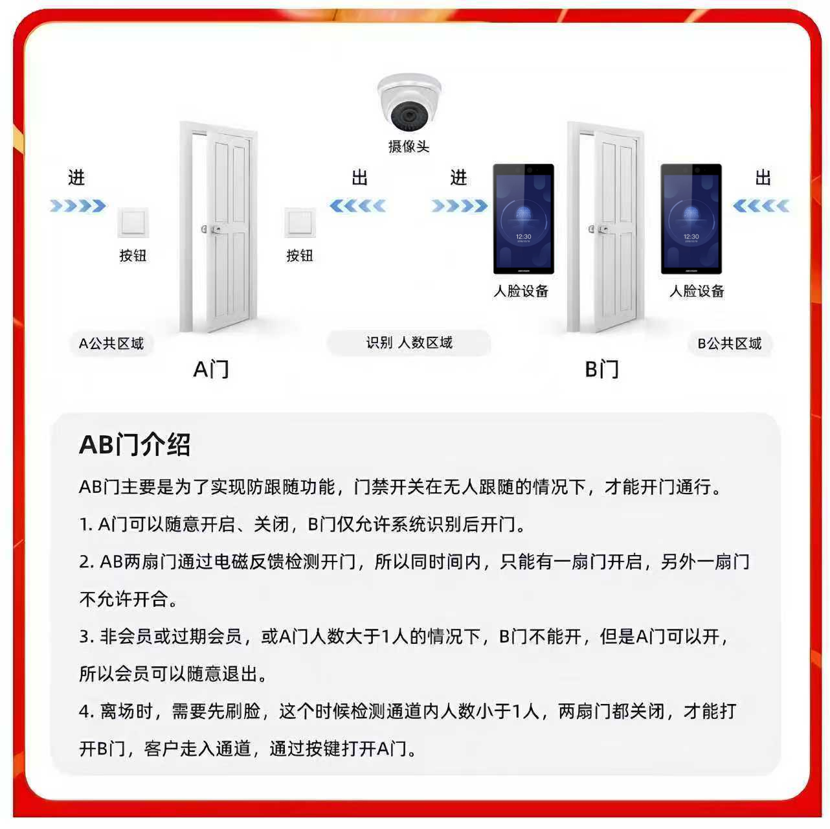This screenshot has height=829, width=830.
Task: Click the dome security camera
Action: click(x=409, y=102)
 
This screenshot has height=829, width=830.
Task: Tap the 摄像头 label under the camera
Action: click(x=409, y=146)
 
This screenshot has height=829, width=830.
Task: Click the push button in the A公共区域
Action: click(x=133, y=222)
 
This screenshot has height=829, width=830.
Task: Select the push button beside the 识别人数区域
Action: click(x=300, y=222)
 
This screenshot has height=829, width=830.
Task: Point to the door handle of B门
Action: click(x=598, y=229)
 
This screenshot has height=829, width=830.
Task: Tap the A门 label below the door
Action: click(x=211, y=370)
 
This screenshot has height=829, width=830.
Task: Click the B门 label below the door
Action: click(x=601, y=370)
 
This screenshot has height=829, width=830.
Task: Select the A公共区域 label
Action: click(x=111, y=343)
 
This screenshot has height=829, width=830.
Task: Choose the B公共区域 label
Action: click(x=730, y=343)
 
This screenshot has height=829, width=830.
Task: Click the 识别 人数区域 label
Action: click(x=409, y=343)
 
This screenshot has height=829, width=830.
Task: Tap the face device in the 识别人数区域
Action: click(x=523, y=219)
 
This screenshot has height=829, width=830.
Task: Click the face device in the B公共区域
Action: click(x=691, y=219)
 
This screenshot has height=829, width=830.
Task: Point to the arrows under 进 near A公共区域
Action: click(x=78, y=206)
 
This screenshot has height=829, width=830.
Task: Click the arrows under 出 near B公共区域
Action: click(x=761, y=206)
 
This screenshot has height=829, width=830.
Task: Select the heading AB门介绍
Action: click(x=135, y=444)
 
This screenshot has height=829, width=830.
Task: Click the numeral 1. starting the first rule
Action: click(x=86, y=525)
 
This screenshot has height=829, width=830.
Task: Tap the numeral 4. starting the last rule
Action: click(x=86, y=711)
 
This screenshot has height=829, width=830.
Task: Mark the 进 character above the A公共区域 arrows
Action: click(x=76, y=177)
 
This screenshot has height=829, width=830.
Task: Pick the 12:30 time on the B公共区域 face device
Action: click(x=691, y=236)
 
